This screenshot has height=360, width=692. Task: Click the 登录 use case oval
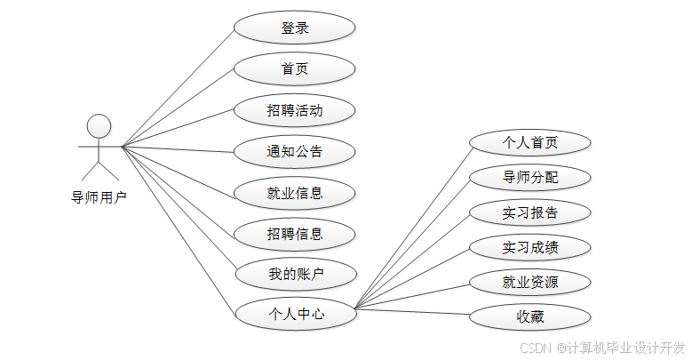(x=295, y=28)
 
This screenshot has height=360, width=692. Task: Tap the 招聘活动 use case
(x=295, y=110)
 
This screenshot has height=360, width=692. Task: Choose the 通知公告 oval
(x=295, y=151)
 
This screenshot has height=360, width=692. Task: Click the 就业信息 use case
(x=295, y=192)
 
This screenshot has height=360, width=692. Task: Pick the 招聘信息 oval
(x=295, y=233)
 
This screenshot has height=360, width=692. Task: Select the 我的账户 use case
(x=295, y=274)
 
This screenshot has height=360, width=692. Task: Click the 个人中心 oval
(x=295, y=313)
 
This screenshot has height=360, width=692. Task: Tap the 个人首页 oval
(x=529, y=142)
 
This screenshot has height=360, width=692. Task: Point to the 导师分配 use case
(x=529, y=177)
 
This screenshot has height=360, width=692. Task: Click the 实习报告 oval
(x=529, y=212)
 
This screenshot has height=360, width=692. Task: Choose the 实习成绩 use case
(x=529, y=247)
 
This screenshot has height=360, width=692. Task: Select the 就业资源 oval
(x=529, y=283)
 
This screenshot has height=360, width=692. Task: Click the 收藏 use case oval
(x=529, y=316)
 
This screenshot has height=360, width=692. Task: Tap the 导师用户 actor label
(x=99, y=197)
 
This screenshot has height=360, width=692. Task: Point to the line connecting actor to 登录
(x=178, y=88)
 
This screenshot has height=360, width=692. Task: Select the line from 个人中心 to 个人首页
(x=411, y=226)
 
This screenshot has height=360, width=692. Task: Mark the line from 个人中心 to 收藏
(x=411, y=312)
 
